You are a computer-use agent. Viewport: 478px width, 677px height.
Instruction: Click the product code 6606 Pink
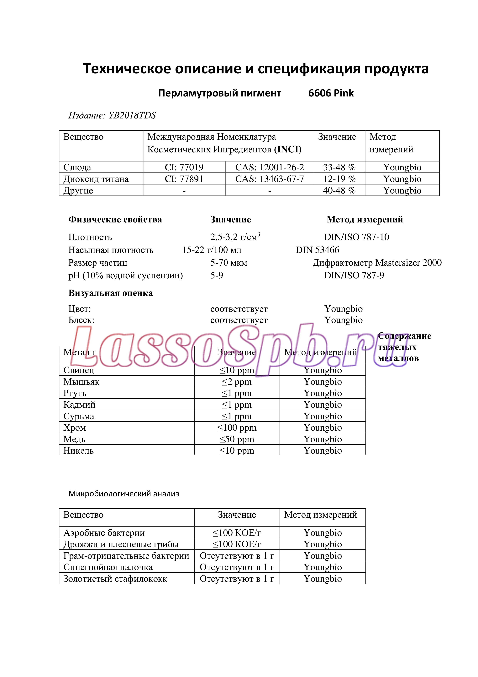[x=331, y=93]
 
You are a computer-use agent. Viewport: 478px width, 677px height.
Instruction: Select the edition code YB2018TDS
[x=132, y=115]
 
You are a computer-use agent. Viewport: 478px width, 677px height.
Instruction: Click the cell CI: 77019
[x=184, y=167]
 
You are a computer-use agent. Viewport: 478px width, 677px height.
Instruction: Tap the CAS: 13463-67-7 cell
[x=270, y=179]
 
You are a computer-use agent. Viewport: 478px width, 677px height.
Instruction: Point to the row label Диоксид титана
[x=96, y=179]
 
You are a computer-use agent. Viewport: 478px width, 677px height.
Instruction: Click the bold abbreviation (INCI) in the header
[x=288, y=150]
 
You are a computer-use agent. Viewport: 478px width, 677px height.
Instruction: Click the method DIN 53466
[x=317, y=250]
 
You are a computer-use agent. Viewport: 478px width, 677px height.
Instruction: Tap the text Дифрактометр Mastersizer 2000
[x=377, y=263]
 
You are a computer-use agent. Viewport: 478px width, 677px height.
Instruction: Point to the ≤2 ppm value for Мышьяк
[x=237, y=382]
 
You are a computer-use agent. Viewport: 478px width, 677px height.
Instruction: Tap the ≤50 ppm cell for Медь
[x=237, y=439]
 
